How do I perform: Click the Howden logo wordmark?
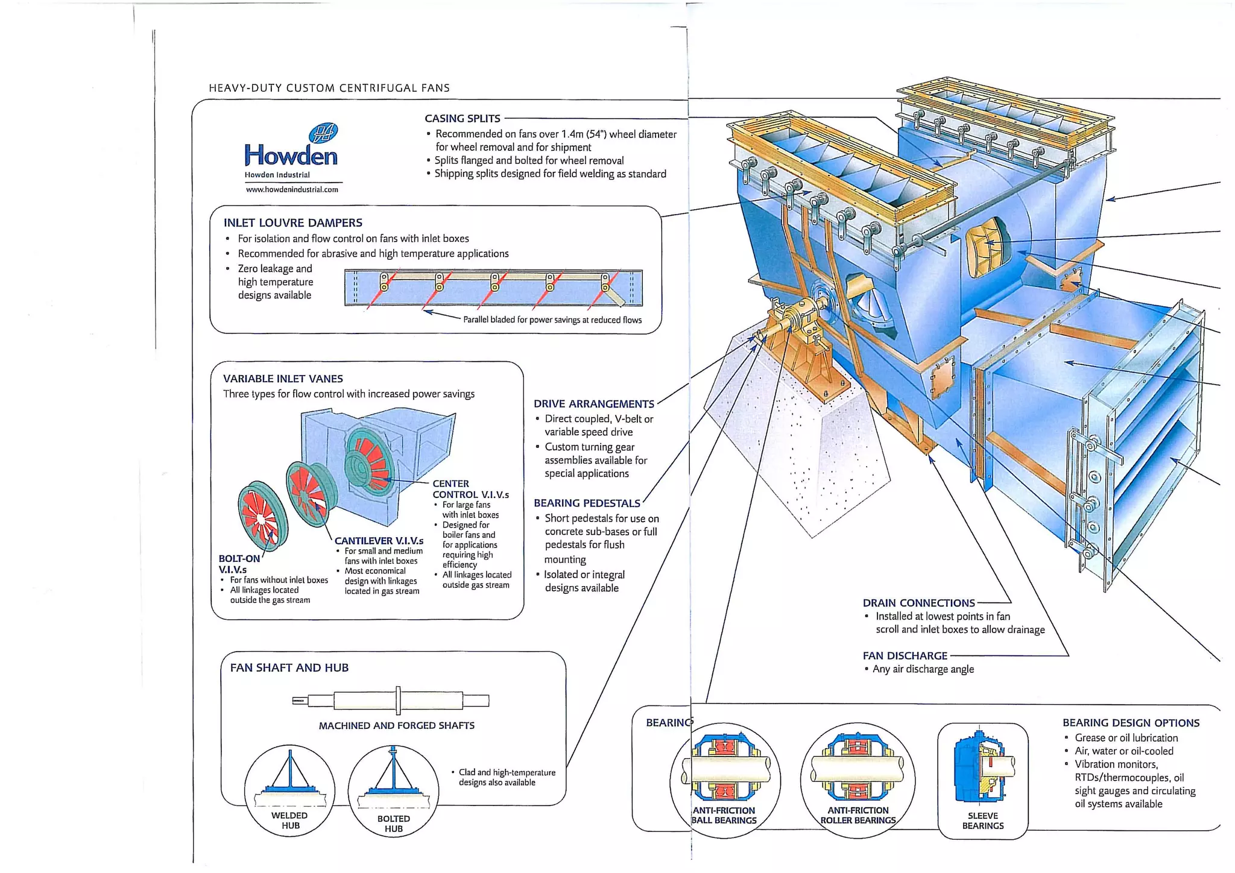[x=291, y=156]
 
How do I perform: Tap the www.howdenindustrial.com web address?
[x=292, y=189]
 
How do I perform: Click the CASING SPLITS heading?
[x=462, y=119]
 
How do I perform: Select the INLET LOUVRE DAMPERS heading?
[x=293, y=222]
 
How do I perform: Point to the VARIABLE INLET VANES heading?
[x=283, y=379]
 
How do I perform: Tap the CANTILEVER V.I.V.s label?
[x=379, y=541]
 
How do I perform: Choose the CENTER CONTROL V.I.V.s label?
[x=470, y=489]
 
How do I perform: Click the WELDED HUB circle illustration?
[x=289, y=790]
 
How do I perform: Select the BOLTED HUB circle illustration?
[x=393, y=791]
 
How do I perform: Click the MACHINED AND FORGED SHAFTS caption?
[x=396, y=725]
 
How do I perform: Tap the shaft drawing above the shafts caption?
[x=391, y=701]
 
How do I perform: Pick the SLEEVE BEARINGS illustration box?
[x=982, y=781]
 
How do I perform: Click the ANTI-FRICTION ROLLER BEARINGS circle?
[x=858, y=780]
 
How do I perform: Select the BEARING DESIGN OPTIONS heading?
[x=1131, y=722]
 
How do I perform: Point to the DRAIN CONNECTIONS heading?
[x=918, y=603]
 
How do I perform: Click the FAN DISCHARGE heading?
[x=905, y=655]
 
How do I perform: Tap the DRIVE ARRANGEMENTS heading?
[x=593, y=404]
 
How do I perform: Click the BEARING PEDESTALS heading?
[x=587, y=503]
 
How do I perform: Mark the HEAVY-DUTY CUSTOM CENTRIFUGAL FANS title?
[x=329, y=88]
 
